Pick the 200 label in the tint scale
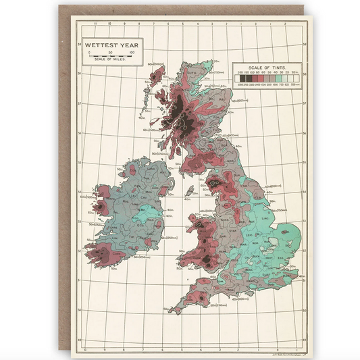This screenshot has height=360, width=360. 240,75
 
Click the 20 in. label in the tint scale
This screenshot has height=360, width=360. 295,75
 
